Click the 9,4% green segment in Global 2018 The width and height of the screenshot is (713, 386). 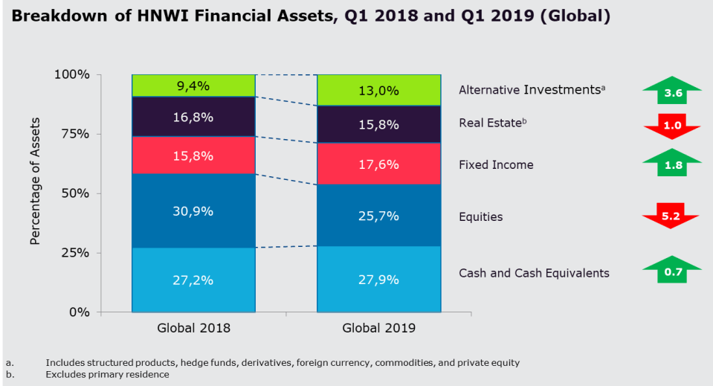coord(193,86)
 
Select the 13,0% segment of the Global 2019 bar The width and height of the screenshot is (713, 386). coord(378,90)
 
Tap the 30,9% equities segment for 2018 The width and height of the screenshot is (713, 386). coord(193,210)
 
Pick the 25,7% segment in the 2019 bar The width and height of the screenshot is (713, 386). coord(378,216)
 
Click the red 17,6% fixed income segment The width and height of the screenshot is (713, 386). coord(378,164)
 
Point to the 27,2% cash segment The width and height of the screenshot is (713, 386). coord(193,280)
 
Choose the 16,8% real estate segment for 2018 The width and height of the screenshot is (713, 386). coord(193,117)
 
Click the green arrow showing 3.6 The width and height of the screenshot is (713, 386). coord(672,92)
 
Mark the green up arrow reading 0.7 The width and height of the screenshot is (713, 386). coord(672,271)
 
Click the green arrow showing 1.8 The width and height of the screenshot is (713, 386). coord(672,164)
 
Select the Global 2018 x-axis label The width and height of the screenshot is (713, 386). coord(193,328)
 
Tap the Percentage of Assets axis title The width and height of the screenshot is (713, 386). coord(35,181)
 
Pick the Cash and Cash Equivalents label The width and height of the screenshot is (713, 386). coord(534,273)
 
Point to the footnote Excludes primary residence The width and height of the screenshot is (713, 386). coord(107,374)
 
